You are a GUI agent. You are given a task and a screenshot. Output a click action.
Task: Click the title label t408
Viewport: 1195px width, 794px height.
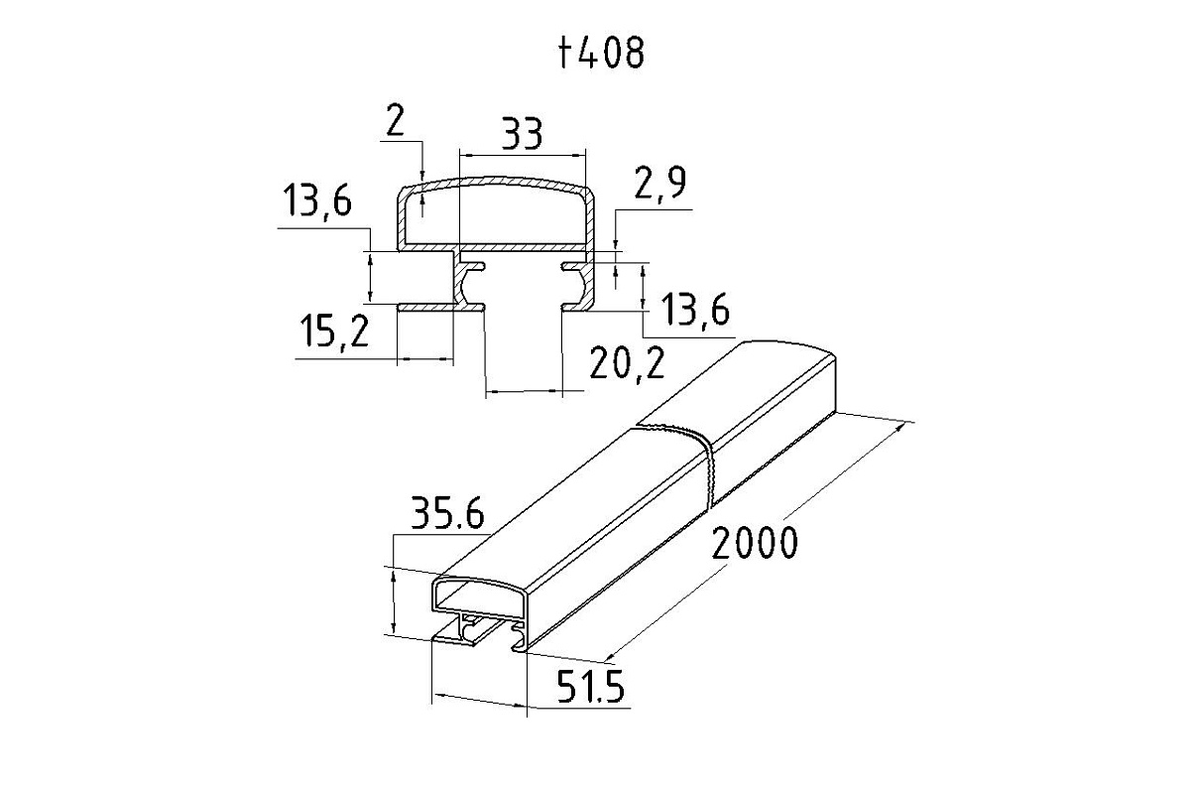pyautogui.click(x=601, y=54)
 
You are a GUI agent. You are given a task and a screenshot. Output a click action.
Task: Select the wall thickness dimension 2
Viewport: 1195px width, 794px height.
pyautogui.click(x=395, y=121)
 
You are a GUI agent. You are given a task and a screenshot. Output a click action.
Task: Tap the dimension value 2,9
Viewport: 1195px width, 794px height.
pyautogui.click(x=659, y=185)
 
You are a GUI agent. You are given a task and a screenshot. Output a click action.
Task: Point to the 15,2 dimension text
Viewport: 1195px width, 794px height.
pyautogui.click(x=334, y=331)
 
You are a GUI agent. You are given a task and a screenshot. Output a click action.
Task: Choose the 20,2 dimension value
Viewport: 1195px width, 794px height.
pyautogui.click(x=627, y=363)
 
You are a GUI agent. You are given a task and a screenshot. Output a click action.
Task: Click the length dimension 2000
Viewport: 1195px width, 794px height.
pyautogui.click(x=755, y=543)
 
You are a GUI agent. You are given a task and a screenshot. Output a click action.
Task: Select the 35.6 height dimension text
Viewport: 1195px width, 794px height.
pyautogui.click(x=447, y=513)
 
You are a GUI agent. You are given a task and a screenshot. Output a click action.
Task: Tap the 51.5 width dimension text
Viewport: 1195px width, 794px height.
pyautogui.click(x=590, y=687)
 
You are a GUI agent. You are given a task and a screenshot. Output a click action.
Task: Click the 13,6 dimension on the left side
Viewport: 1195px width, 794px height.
pyautogui.click(x=317, y=200)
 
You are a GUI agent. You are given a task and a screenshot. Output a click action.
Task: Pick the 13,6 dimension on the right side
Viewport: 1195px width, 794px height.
pyautogui.click(x=694, y=311)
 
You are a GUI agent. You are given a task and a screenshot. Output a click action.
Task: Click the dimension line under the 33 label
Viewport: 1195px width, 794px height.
pyautogui.click(x=523, y=156)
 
